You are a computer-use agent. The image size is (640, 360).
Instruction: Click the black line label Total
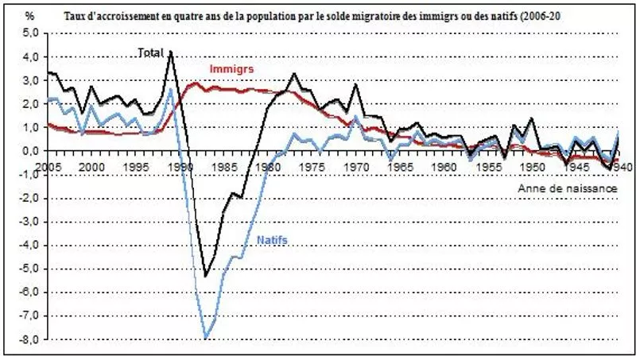point(150,52)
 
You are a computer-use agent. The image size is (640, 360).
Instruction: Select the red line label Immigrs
point(231,69)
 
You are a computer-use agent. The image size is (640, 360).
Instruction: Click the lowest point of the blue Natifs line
point(207,339)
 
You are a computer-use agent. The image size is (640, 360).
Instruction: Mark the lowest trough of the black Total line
point(206,277)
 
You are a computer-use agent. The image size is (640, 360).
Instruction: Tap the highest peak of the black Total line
point(171,51)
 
